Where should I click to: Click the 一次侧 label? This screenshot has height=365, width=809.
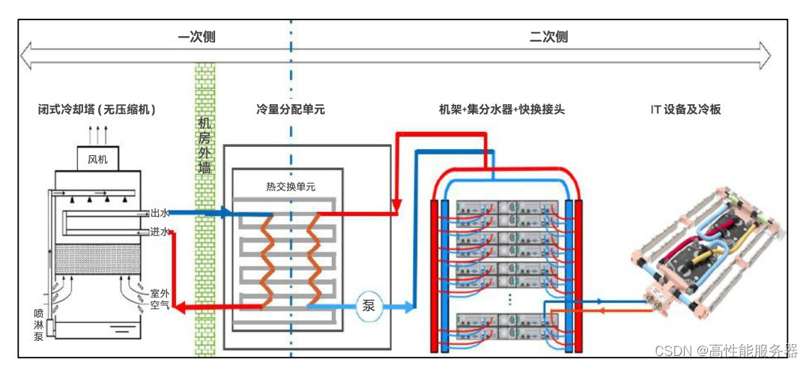click(x=196, y=37)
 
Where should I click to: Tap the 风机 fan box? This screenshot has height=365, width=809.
click(x=97, y=159)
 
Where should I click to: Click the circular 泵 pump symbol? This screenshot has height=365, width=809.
click(x=369, y=306)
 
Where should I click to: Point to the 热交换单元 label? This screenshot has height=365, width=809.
click(x=291, y=187)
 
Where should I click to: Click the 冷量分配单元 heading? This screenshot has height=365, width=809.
click(x=290, y=109)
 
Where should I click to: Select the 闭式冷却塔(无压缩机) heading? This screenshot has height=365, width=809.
click(x=97, y=109)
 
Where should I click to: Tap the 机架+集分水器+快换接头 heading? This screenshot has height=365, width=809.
click(x=501, y=109)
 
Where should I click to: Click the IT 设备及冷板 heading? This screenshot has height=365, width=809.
click(x=685, y=109)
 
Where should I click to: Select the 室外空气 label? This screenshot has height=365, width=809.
click(x=160, y=300)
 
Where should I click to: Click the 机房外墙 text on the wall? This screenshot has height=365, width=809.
click(x=204, y=146)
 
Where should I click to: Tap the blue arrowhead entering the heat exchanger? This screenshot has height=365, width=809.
click(x=224, y=213)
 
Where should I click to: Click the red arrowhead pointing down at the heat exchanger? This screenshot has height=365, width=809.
click(x=396, y=203)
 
